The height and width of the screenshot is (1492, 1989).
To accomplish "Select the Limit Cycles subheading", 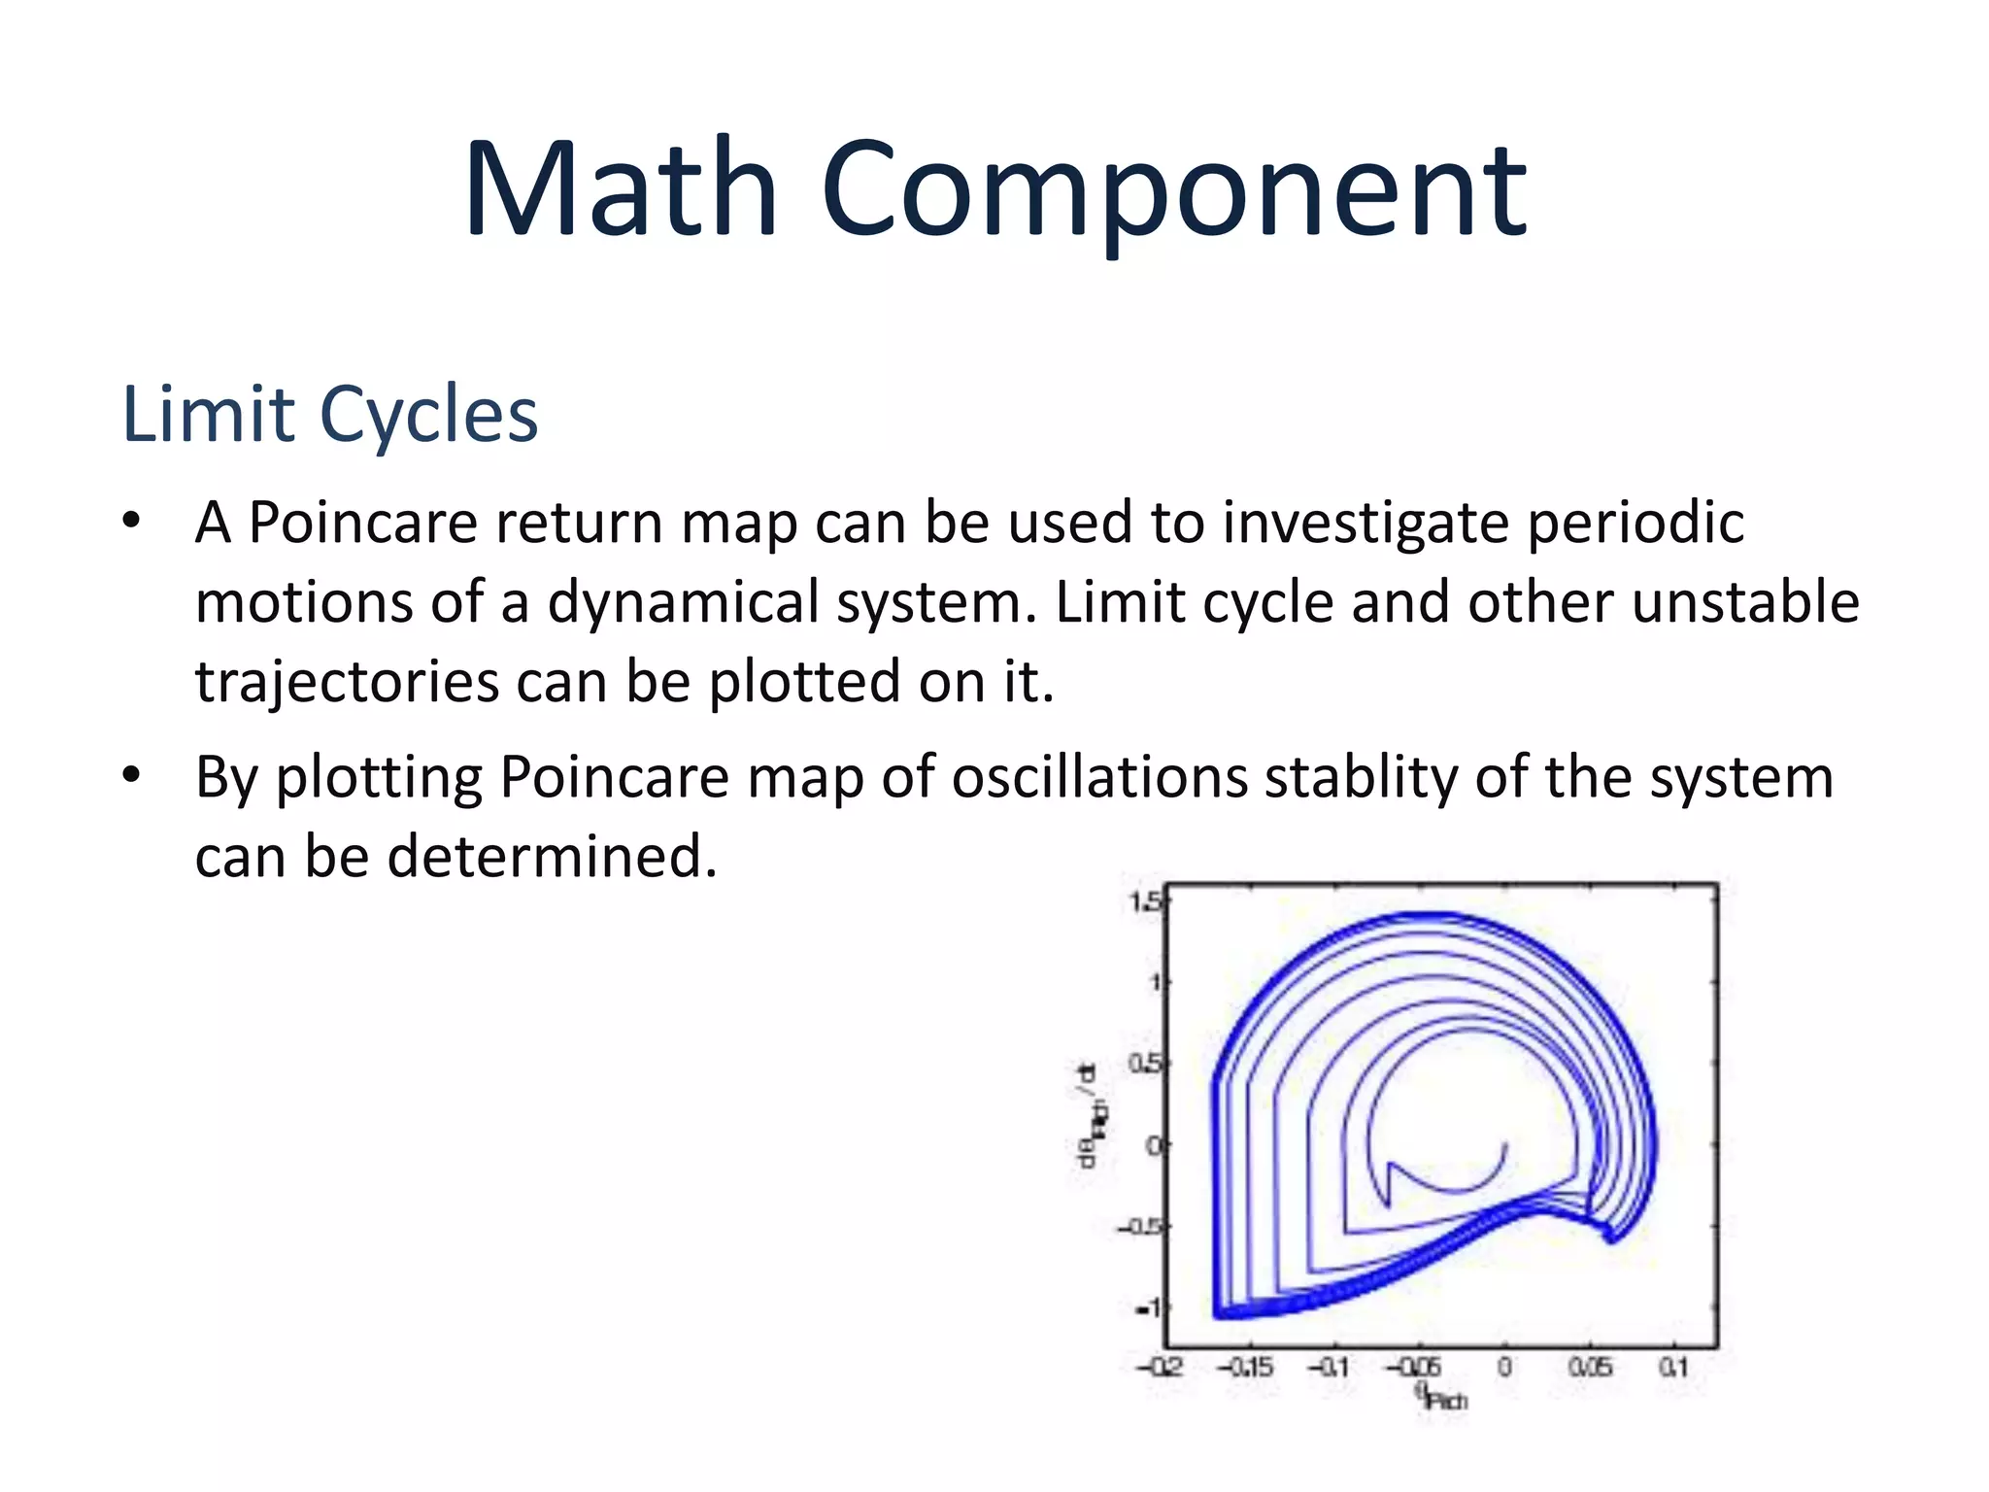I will [329, 415].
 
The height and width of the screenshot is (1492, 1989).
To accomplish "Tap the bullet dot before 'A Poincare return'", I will [132, 521].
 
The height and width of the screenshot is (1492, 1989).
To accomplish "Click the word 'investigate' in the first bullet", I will [1365, 524].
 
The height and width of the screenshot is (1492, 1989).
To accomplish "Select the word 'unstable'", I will [1745, 601].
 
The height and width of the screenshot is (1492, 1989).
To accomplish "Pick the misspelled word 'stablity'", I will [1361, 777].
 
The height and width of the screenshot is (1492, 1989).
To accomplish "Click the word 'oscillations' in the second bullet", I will [1098, 777].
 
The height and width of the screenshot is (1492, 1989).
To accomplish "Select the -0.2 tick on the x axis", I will [1160, 1368].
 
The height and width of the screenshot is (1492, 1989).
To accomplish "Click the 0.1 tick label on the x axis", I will [1673, 1368].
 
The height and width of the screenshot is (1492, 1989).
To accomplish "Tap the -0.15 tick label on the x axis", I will [1245, 1368].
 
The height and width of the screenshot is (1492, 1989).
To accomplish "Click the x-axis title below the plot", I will [1441, 1398].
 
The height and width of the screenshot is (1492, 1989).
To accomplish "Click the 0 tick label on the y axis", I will [1153, 1146].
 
